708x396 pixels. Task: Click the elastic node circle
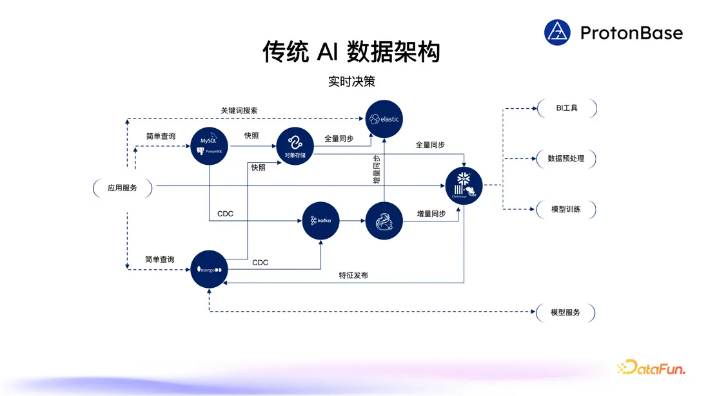(x=384, y=118)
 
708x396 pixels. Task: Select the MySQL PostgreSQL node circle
(x=210, y=146)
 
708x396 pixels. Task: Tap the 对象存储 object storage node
(x=295, y=146)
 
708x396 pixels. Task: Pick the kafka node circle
(x=321, y=221)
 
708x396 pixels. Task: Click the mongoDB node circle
(x=210, y=269)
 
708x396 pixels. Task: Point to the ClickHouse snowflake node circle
(x=464, y=185)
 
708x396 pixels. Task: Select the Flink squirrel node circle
(x=384, y=221)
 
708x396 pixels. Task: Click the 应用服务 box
(x=123, y=188)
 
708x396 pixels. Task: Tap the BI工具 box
(x=567, y=108)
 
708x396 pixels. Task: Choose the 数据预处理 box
(x=566, y=158)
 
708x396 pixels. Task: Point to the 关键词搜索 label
(x=239, y=111)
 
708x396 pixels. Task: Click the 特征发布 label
(x=354, y=275)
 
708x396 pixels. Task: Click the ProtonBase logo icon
(x=557, y=33)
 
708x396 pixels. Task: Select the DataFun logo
(x=651, y=368)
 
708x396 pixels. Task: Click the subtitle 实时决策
(x=351, y=82)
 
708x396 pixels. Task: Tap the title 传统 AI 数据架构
(x=351, y=52)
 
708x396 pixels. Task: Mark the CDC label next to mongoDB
(x=261, y=263)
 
